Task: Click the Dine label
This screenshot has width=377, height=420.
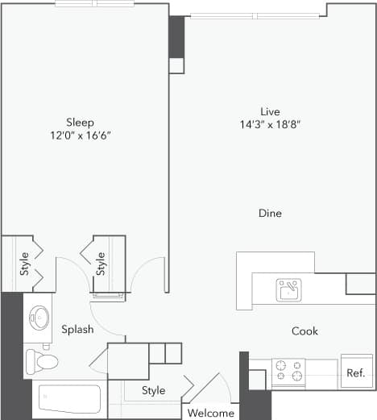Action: [x=270, y=214]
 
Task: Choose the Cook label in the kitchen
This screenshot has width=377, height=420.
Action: [x=304, y=331]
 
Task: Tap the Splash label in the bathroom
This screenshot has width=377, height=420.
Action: [x=77, y=330]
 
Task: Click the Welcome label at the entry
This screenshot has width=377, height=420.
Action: [x=210, y=414]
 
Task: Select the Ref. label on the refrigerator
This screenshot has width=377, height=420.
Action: [x=355, y=373]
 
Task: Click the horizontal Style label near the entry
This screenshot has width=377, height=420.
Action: [x=153, y=390]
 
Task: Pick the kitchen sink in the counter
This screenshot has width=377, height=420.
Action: [x=288, y=289]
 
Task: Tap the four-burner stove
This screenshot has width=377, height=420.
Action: [x=288, y=372]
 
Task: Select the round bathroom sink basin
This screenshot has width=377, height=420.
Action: [x=39, y=317]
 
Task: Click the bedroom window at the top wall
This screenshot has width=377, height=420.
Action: [x=94, y=3]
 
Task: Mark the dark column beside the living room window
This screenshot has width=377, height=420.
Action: [x=176, y=37]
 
